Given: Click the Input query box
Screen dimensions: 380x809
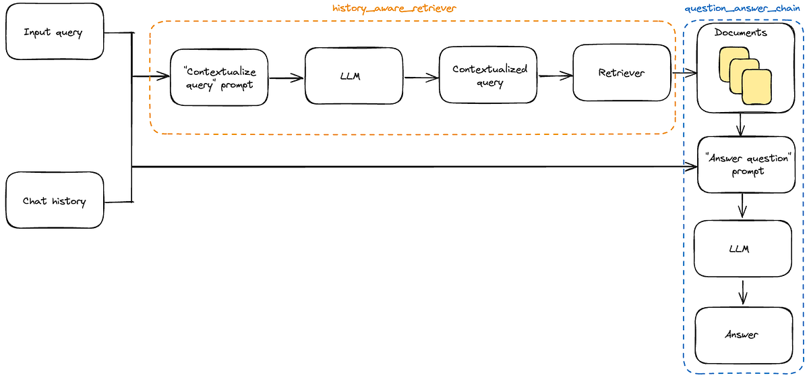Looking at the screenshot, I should [54, 32].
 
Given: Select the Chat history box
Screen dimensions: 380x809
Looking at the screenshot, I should [54, 200].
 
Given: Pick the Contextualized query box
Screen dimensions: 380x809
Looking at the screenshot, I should [489, 75].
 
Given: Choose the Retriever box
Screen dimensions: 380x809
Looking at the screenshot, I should [621, 73].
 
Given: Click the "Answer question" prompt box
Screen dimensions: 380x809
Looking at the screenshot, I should [746, 164].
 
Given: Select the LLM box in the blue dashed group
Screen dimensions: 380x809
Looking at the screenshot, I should [742, 248].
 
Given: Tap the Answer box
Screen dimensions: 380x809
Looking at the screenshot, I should [742, 335].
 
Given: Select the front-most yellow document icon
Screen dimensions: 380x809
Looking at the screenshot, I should [757, 88].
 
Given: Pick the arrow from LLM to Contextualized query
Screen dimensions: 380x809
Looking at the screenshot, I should [421, 77].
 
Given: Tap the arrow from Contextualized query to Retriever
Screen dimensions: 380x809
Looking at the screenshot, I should [555, 76].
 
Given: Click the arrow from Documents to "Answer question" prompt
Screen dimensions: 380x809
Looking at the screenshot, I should [741, 124].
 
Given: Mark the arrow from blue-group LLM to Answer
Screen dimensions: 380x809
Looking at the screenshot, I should [742, 293].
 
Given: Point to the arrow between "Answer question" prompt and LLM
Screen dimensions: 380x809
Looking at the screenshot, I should [742, 206].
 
